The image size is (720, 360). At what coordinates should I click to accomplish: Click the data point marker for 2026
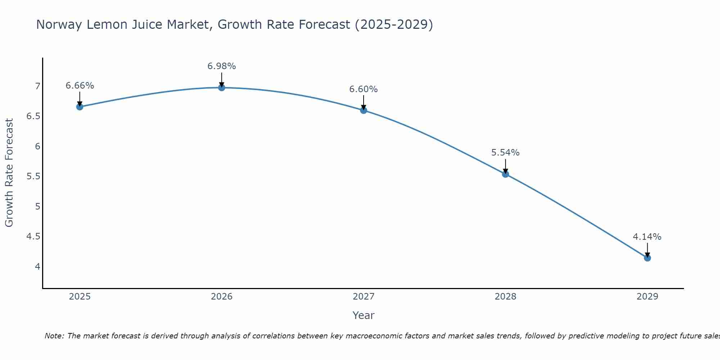pyautogui.click(x=222, y=87)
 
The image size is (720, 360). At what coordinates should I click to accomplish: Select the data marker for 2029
pyautogui.click(x=647, y=258)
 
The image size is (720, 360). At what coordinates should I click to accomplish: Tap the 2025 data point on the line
pyautogui.click(x=80, y=107)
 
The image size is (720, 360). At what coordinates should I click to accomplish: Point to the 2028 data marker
pyautogui.click(x=505, y=174)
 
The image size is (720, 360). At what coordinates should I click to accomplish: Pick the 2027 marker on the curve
pyautogui.click(x=364, y=110)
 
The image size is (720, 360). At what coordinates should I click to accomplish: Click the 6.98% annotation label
pyautogui.click(x=222, y=66)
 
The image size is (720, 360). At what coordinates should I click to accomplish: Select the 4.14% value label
pyautogui.click(x=647, y=237)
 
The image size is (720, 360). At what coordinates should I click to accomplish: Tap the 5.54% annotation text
pyautogui.click(x=505, y=153)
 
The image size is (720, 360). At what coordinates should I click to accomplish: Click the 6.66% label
pyautogui.click(x=80, y=86)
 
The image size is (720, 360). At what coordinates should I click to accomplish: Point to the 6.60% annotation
pyautogui.click(x=364, y=89)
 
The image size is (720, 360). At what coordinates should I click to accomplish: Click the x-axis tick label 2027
pyautogui.click(x=364, y=297)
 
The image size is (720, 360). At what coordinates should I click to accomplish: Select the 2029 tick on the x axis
pyautogui.click(x=647, y=297)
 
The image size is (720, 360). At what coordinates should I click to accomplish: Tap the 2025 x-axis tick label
pyautogui.click(x=80, y=297)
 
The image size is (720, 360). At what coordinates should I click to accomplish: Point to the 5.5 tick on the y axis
pyautogui.click(x=33, y=176)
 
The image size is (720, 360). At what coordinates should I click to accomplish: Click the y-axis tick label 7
pyautogui.click(x=37, y=86)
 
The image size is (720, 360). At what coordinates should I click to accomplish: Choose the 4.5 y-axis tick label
pyautogui.click(x=33, y=237)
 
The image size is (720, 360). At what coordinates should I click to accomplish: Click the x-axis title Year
pyautogui.click(x=364, y=315)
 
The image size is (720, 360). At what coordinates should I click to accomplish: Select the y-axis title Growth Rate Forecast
pyautogui.click(x=9, y=173)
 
